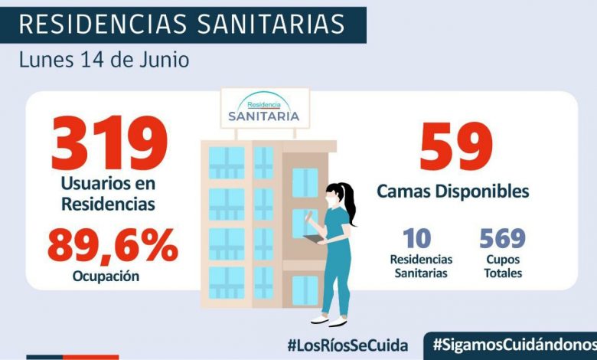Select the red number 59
tap(455, 147)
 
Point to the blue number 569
tap(503, 238)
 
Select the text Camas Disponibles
tap(453, 191)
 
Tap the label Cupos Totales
tap(503, 267)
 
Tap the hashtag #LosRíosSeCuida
tap(347, 345)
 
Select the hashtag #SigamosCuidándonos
tap(514, 345)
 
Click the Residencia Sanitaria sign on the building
tap(264, 110)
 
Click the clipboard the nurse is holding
tap(314, 239)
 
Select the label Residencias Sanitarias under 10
tap(421, 267)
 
